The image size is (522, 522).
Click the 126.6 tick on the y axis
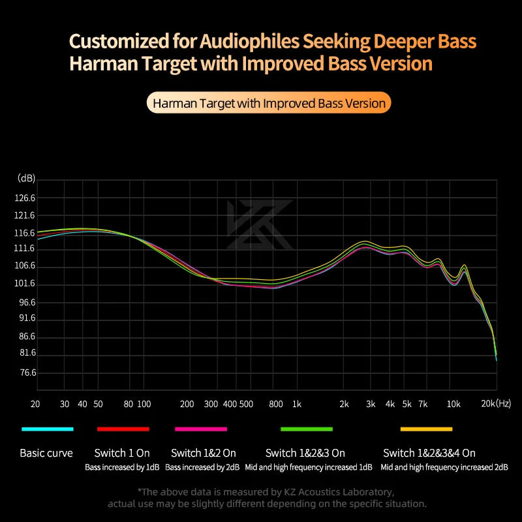click(26, 198)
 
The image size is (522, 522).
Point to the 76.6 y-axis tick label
click(27, 373)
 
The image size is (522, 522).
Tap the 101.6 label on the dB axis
click(26, 284)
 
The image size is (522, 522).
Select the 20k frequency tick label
click(489, 405)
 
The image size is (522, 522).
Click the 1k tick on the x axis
click(297, 405)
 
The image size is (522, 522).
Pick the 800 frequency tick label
click(275, 405)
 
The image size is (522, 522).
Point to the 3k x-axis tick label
click(371, 405)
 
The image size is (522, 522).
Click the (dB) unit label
click(27, 178)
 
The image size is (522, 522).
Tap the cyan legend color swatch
click(47, 429)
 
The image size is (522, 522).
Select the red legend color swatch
click(123, 429)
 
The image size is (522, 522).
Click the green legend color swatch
click(307, 429)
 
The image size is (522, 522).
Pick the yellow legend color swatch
click(426, 429)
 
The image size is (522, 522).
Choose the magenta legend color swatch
click(201, 429)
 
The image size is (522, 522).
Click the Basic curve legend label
click(46, 453)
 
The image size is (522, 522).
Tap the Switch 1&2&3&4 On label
click(429, 453)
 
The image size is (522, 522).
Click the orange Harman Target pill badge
click(268, 103)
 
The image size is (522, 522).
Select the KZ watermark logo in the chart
click(260, 225)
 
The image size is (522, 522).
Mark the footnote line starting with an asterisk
click(266, 491)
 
